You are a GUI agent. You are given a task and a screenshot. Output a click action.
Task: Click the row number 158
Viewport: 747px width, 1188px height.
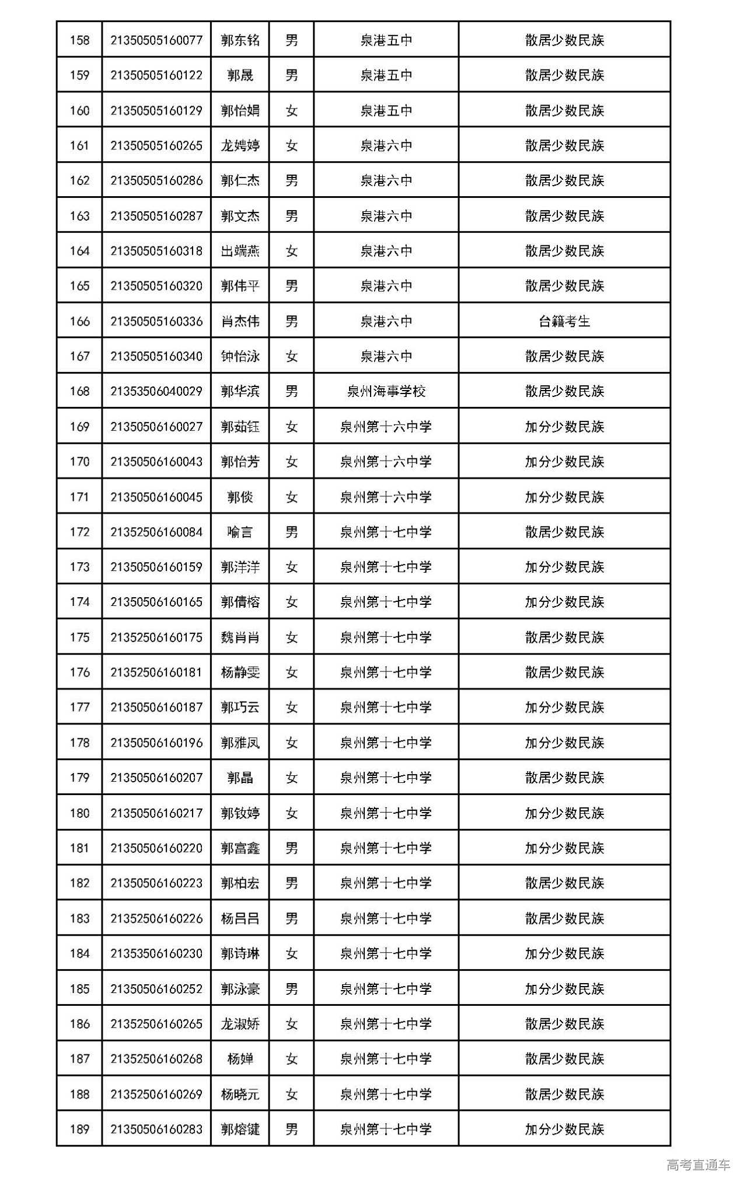click(79, 40)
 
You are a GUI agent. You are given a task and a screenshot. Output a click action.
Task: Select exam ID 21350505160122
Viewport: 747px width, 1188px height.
click(156, 75)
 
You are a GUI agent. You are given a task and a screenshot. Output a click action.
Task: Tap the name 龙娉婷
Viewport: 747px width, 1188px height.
click(240, 145)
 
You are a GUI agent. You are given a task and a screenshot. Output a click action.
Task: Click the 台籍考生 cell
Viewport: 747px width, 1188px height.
click(564, 321)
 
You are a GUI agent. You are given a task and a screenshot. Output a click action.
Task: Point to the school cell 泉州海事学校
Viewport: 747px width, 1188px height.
click(386, 391)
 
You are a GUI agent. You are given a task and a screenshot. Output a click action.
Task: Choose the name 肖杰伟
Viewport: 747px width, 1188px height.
click(240, 321)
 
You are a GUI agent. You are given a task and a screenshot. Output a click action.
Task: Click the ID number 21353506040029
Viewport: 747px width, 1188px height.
click(156, 391)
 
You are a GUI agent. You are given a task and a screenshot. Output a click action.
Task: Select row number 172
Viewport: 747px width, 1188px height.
click(79, 532)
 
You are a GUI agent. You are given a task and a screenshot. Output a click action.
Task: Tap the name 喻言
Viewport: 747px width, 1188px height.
click(240, 532)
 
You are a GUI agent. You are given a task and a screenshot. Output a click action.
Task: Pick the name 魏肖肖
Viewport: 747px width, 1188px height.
click(240, 637)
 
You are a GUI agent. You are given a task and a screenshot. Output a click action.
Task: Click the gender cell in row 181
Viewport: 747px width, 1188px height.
click(291, 848)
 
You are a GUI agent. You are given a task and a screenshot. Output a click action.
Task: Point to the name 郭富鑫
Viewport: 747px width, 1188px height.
click(240, 848)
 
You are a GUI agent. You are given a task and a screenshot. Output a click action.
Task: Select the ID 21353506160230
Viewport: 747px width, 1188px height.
click(156, 954)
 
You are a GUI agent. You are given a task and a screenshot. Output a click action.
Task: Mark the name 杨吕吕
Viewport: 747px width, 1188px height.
click(240, 918)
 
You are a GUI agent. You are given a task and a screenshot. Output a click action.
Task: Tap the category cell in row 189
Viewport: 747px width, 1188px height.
click(564, 1130)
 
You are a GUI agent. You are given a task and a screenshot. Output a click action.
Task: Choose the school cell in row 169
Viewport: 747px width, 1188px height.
click(386, 427)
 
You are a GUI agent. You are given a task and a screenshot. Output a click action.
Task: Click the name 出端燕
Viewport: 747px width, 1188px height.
click(240, 251)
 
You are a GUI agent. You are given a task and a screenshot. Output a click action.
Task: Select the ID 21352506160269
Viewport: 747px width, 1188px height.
click(156, 1095)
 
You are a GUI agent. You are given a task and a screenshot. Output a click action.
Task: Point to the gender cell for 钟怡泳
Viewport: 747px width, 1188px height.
click(291, 356)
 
